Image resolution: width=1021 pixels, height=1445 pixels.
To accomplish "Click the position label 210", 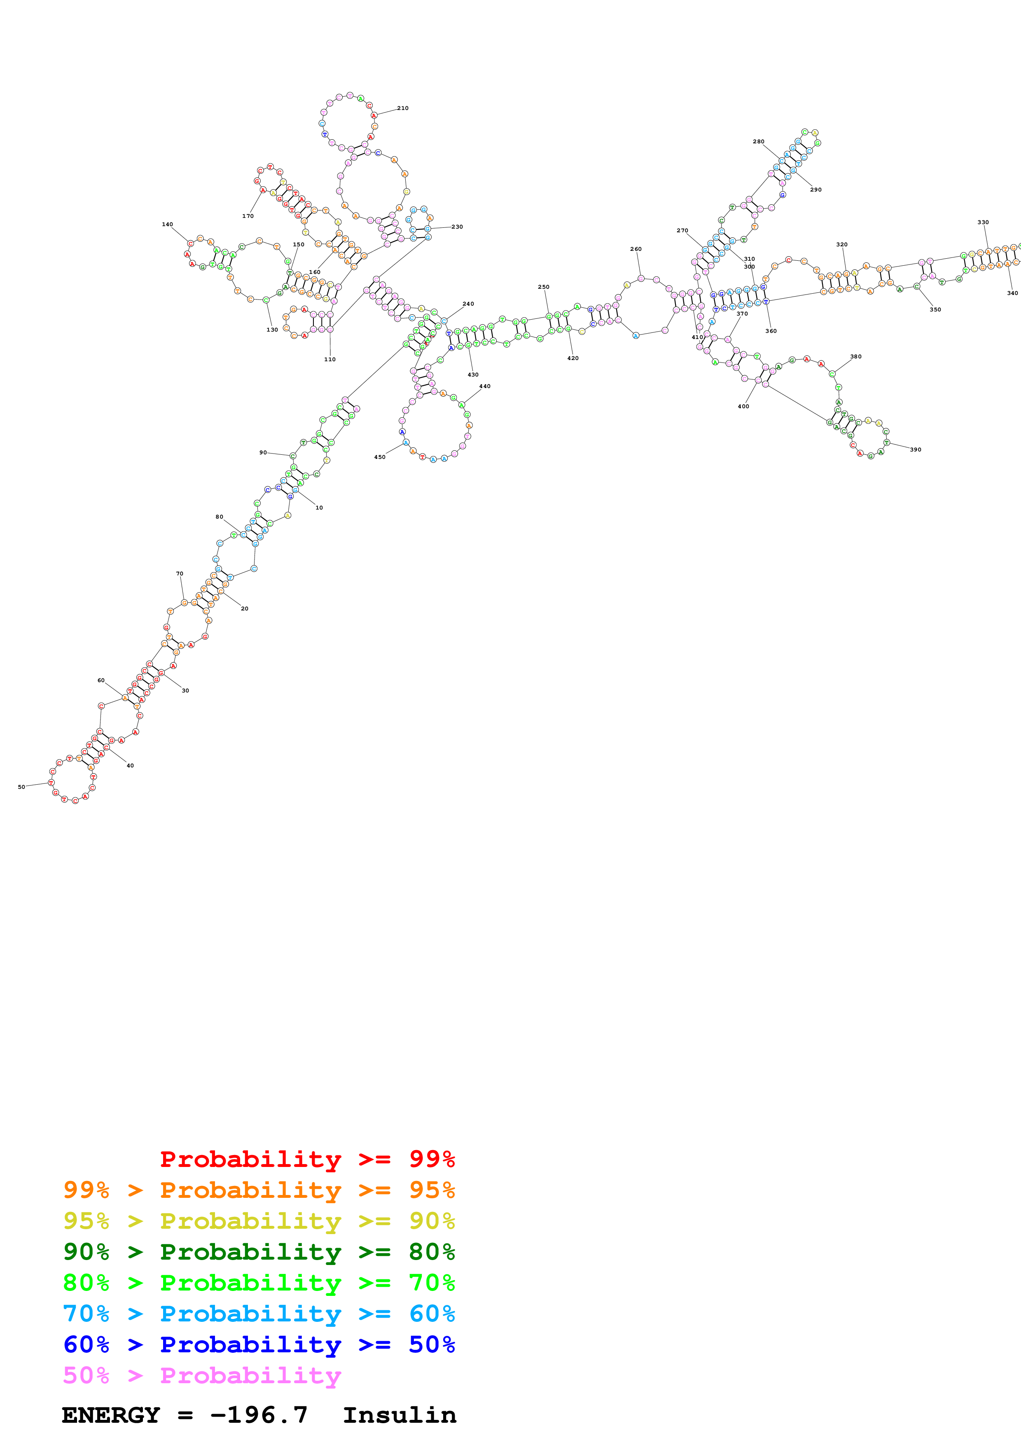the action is pyautogui.click(x=403, y=108).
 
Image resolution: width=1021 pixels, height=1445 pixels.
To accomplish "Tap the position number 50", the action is pyautogui.click(x=21, y=787).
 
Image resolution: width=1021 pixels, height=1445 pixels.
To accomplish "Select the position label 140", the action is pyautogui.click(x=167, y=224).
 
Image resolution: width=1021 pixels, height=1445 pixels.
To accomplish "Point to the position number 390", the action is pyautogui.click(x=915, y=449).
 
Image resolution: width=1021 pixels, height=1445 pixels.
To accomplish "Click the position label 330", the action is pyautogui.click(x=983, y=222).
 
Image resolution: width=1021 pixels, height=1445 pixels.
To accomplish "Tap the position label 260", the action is pyautogui.click(x=636, y=249).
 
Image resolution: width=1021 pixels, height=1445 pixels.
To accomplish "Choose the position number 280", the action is pyautogui.click(x=759, y=142).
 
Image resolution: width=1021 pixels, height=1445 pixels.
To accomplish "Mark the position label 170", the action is pyautogui.click(x=248, y=216).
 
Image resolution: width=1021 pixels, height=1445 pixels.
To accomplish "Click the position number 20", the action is pyautogui.click(x=244, y=608).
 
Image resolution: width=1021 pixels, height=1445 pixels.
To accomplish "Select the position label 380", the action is pyautogui.click(x=855, y=356).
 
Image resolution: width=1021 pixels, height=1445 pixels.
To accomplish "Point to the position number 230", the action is pyautogui.click(x=457, y=227).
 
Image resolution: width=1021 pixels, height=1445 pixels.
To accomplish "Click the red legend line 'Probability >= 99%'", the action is pyautogui.click(x=307, y=1159).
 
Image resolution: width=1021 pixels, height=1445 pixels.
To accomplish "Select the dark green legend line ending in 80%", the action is pyautogui.click(x=259, y=1252).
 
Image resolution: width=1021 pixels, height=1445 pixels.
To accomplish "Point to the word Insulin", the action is pyautogui.click(x=400, y=1415).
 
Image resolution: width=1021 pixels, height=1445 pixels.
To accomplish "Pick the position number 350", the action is pyautogui.click(x=935, y=310).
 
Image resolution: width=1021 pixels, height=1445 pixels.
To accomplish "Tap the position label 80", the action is pyautogui.click(x=219, y=517).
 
